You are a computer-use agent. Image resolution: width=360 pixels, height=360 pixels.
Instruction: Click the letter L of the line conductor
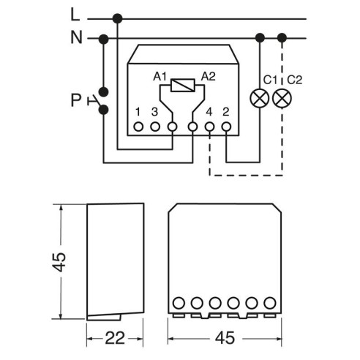[x=75, y=15]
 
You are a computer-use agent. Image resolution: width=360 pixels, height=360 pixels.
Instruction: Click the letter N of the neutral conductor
[x=76, y=37]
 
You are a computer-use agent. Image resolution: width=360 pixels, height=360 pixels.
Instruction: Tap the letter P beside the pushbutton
[x=75, y=100]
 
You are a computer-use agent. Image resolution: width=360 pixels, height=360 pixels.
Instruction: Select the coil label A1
[x=160, y=77]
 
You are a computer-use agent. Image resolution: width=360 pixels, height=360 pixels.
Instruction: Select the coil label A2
[x=209, y=77]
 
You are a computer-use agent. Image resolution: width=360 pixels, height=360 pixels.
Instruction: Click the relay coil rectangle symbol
[x=183, y=86]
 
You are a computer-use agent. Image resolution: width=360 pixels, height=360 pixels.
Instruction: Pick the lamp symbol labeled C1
[x=260, y=98]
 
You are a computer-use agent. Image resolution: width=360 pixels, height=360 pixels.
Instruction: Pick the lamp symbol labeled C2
[x=282, y=98]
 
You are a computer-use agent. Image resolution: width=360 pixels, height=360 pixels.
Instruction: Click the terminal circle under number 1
[x=138, y=127]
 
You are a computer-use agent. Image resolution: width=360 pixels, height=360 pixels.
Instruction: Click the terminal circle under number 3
[x=155, y=127]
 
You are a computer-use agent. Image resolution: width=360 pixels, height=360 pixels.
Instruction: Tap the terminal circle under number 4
[x=209, y=127]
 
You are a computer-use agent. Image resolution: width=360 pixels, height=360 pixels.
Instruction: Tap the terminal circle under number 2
[x=226, y=127]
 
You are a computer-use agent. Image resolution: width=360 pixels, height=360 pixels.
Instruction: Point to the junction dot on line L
[x=118, y=18]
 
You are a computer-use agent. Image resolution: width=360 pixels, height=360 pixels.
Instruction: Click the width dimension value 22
[x=115, y=338]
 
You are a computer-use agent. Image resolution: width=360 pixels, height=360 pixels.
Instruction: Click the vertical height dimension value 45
[x=59, y=262]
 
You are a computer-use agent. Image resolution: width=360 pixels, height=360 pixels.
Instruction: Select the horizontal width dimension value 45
[x=225, y=338]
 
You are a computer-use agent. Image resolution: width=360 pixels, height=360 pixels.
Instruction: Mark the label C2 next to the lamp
[x=295, y=80]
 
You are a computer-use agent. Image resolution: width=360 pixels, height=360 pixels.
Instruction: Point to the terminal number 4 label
[x=209, y=112]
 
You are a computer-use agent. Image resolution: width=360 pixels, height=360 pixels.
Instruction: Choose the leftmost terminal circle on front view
[x=179, y=303]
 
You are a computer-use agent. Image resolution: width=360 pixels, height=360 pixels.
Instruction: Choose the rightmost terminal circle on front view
[x=270, y=303]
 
